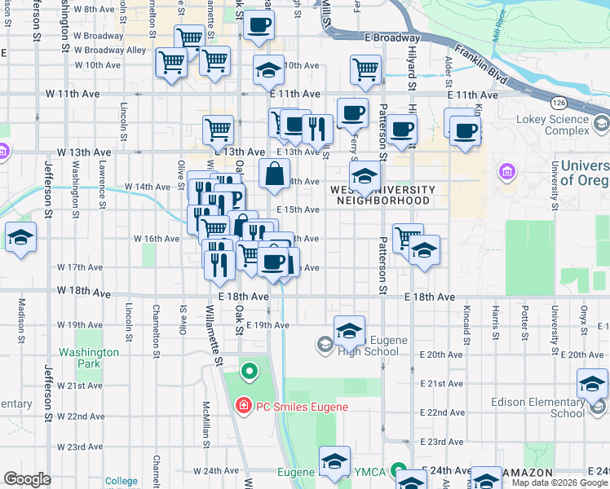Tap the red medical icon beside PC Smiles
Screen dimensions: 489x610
point(242,406)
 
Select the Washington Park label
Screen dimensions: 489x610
point(89,358)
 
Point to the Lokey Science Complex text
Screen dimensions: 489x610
point(551,125)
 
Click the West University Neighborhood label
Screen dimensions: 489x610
point(382,195)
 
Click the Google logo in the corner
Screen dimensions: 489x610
point(27,479)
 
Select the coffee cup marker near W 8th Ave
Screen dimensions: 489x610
point(259,25)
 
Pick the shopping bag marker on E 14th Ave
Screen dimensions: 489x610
point(275,173)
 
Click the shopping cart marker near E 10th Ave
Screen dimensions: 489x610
point(365,69)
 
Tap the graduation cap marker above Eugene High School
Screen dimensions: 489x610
point(349,330)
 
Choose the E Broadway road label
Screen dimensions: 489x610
point(392,37)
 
